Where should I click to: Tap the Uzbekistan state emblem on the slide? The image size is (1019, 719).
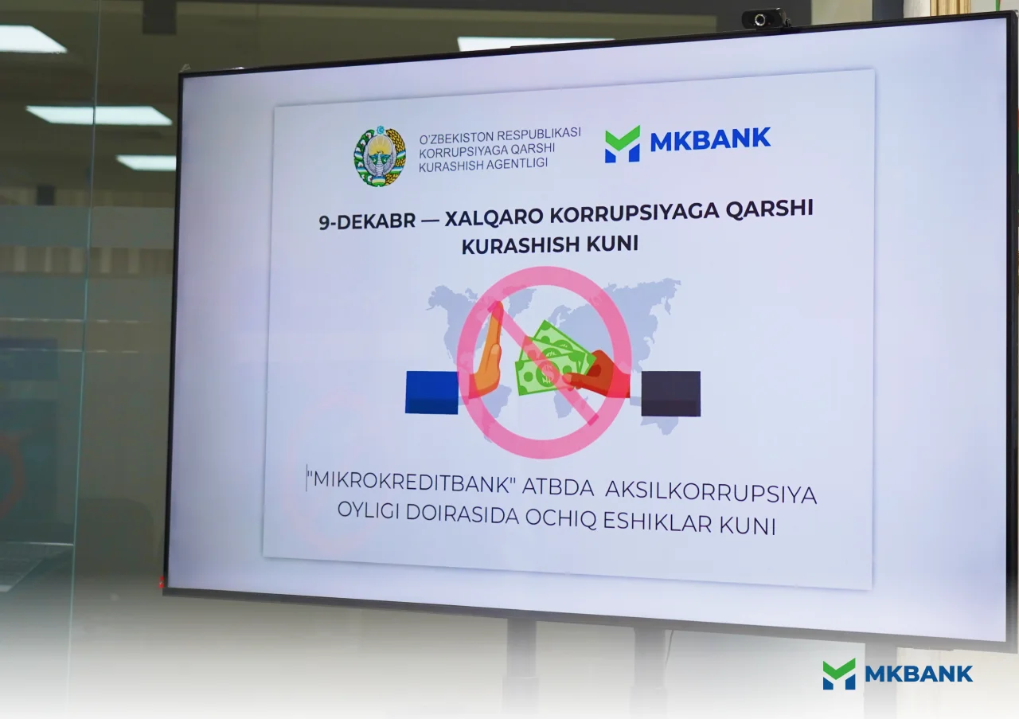point(381,156)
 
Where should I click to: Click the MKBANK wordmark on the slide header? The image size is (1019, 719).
point(710,139)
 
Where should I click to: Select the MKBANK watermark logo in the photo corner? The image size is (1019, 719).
point(897,674)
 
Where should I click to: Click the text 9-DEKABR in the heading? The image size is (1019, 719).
point(367,221)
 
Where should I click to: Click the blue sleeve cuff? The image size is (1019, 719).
point(431,393)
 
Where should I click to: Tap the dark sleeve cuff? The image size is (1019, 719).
point(671,393)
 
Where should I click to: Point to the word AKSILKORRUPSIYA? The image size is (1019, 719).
point(711,492)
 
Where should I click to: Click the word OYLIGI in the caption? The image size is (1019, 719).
point(369,510)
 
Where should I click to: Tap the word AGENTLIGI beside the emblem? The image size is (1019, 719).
point(515,164)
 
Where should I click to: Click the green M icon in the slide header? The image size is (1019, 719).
point(623,144)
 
